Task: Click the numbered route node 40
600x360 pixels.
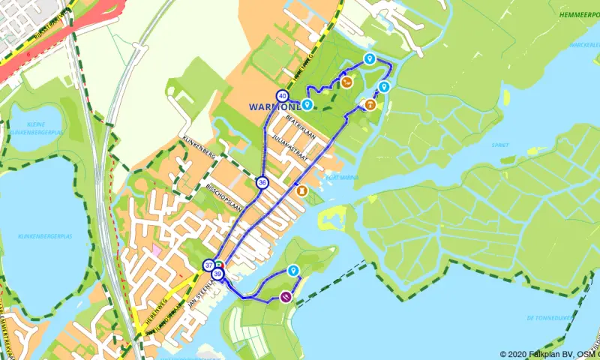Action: pyautogui.click(x=282, y=95)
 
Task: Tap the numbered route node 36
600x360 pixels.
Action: pyautogui.click(x=262, y=182)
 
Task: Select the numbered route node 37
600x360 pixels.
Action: pyautogui.click(x=208, y=265)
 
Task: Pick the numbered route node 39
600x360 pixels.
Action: pyautogui.click(x=217, y=275)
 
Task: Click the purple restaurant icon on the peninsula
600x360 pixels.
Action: pyautogui.click(x=286, y=297)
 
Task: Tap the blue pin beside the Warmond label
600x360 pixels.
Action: pyautogui.click(x=307, y=103)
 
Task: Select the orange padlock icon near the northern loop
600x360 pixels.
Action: pyautogui.click(x=370, y=105)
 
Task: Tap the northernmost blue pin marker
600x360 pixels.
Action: pyautogui.click(x=368, y=58)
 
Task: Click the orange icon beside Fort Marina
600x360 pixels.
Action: pyautogui.click(x=302, y=191)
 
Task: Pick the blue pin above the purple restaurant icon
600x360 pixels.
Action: pyautogui.click(x=293, y=270)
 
